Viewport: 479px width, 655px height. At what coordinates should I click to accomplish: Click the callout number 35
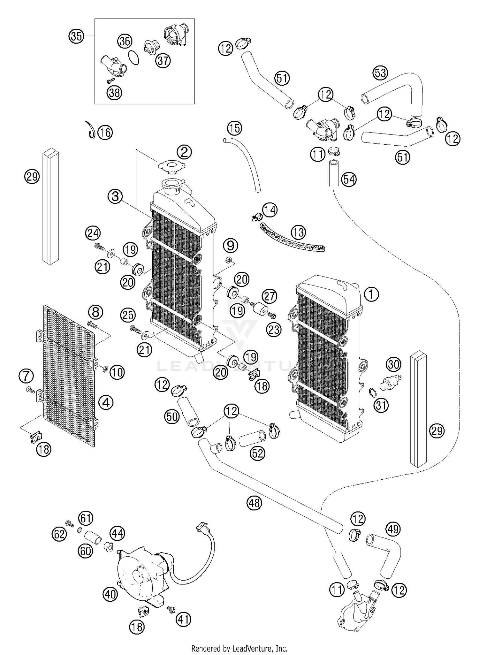click(x=76, y=36)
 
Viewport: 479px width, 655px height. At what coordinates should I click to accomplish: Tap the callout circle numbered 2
click(x=184, y=152)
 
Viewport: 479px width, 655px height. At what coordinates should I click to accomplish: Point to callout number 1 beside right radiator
click(x=371, y=294)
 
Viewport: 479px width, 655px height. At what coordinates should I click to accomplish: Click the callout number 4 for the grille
click(x=106, y=402)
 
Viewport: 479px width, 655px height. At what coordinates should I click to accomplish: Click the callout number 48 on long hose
click(x=254, y=503)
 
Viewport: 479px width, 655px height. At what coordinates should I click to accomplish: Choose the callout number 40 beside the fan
click(x=110, y=594)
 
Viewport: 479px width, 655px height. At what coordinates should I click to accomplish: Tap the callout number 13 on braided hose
click(x=298, y=232)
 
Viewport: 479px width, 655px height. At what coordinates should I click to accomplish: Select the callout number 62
click(x=59, y=534)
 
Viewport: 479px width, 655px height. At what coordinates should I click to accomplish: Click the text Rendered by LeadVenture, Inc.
click(x=239, y=649)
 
